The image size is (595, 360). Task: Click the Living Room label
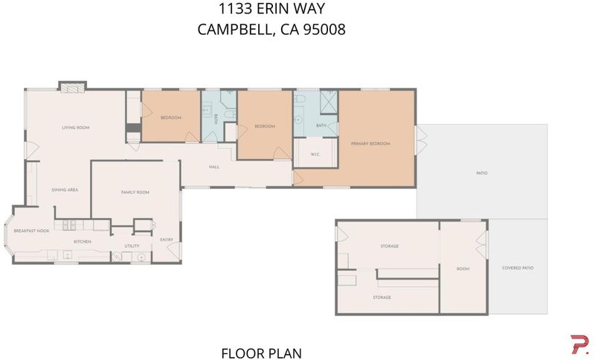coord(76,128)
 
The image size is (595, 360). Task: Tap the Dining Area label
coord(65,190)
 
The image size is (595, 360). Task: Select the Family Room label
coord(135,193)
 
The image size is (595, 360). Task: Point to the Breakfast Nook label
coord(31,231)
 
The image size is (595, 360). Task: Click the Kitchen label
coord(83,242)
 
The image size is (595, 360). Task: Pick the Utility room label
coord(132,246)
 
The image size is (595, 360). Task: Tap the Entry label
coord(167,240)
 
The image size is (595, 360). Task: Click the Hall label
coord(214,167)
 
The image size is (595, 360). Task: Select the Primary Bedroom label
coord(370,144)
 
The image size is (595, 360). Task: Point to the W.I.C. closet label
coord(315,155)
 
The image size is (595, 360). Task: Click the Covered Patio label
coord(518,268)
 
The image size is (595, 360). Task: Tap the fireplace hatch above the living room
coord(72,88)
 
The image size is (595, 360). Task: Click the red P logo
coord(580,344)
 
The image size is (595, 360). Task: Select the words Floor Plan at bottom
coord(262,353)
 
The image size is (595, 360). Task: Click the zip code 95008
coord(324,29)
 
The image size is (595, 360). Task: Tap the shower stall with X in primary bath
coord(329,102)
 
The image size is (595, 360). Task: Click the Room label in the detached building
coord(463,269)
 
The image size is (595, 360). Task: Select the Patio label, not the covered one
coord(482,173)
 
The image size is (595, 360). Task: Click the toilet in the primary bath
coord(300,99)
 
